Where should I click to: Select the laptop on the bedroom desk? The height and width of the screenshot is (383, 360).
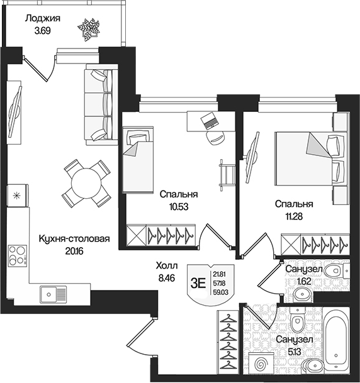point(209,120)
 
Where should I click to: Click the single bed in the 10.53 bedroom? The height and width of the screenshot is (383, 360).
point(137,160)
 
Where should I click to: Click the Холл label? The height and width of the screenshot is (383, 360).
point(167,265)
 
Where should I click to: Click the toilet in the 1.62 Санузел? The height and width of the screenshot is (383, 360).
point(334,271)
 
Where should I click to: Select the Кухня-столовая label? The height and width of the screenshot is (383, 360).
point(74,240)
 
